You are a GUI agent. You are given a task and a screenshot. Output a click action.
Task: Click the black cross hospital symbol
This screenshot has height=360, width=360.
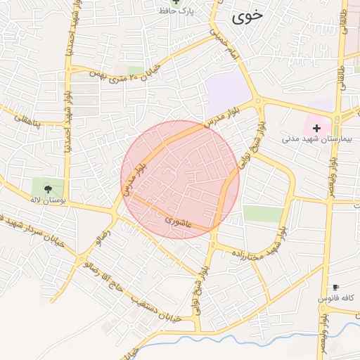(317, 128)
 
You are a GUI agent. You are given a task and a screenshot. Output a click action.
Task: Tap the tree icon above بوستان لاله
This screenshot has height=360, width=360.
(48, 188)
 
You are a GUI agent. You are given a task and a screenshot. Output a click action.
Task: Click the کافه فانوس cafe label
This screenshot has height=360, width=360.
(336, 299)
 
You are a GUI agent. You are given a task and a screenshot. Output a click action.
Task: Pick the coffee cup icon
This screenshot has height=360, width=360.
(335, 288)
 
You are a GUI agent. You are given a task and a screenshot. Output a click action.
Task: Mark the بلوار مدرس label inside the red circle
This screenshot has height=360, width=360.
(131, 179)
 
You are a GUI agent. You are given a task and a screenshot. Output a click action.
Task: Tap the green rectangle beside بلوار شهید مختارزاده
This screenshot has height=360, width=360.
(263, 214)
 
